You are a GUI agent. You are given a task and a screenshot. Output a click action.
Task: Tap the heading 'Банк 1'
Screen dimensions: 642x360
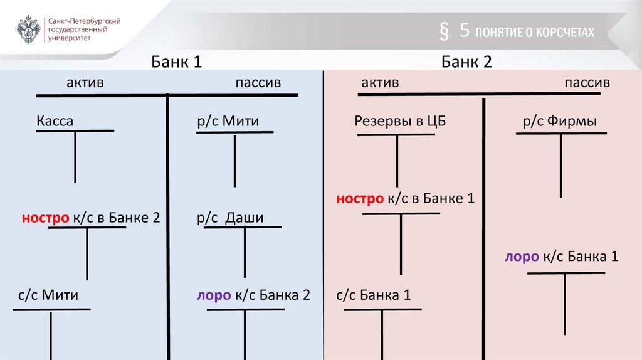[176, 61]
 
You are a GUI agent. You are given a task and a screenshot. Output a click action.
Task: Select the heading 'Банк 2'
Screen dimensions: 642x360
[466, 61]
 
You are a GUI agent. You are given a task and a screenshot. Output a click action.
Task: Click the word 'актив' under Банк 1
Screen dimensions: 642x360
[85, 83]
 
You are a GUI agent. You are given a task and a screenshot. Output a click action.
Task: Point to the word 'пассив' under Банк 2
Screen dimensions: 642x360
[587, 83]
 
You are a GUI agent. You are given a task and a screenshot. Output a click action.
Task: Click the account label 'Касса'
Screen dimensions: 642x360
[55, 121]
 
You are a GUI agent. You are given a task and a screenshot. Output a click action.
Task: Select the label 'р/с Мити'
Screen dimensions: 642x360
[228, 121]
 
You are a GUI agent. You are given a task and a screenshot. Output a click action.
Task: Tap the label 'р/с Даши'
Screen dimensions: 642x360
[229, 218]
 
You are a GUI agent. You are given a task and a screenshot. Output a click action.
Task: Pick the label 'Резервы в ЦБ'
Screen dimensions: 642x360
[400, 121]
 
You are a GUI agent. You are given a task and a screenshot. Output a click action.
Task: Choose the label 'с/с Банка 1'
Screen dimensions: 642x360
[374, 295]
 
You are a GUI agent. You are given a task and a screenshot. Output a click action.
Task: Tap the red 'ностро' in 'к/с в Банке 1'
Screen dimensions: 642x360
[359, 199]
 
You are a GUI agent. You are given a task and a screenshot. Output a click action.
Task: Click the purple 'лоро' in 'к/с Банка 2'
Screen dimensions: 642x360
[213, 295]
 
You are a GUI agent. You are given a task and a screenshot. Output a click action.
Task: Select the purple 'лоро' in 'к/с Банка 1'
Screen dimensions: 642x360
[521, 257]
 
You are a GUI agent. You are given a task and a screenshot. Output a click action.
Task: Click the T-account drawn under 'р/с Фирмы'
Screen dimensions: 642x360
[561, 163]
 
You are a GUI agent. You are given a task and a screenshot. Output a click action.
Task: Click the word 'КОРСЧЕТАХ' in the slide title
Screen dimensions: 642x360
[564, 33]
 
